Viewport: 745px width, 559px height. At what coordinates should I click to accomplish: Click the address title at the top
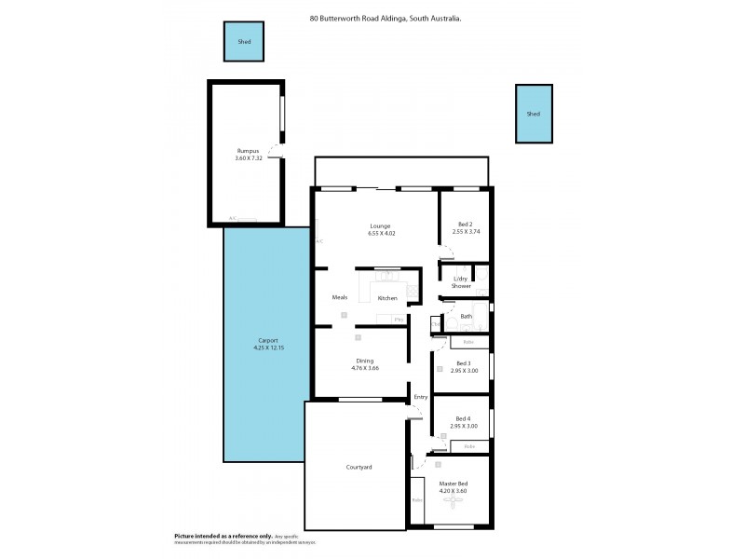385,16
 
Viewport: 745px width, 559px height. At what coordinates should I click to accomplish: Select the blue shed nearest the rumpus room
244,42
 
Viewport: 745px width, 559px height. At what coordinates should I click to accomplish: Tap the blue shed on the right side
533,114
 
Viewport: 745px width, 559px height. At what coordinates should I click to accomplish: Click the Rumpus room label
247,151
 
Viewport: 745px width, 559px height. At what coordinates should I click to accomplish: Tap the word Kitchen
387,298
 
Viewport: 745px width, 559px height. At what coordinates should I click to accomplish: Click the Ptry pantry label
399,320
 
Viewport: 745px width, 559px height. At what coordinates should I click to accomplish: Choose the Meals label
340,297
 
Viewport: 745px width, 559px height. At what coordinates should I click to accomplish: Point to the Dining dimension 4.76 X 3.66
365,368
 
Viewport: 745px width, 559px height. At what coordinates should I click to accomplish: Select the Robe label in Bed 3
468,342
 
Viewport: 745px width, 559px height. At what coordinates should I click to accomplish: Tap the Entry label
420,398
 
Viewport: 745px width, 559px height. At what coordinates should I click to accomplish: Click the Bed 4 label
464,419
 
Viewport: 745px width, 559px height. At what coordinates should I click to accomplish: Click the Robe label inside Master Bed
417,500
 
